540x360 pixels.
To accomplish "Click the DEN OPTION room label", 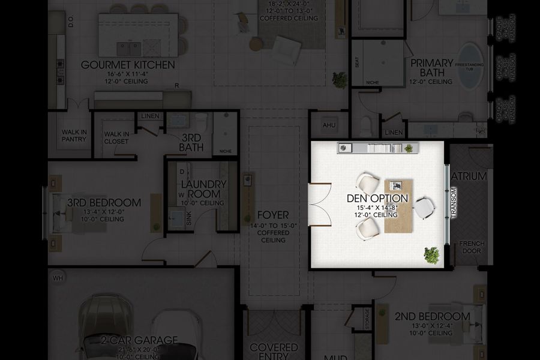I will [377, 198].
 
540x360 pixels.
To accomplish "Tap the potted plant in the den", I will [431, 256].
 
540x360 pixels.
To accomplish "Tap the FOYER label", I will [273, 215].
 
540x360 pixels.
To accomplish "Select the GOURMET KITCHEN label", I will [128, 65].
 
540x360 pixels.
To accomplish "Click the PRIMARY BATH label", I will [431, 67].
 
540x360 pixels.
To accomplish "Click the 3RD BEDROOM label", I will [104, 203].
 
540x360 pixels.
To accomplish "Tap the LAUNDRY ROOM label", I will [203, 189].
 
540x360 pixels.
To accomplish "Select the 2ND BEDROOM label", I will [432, 316].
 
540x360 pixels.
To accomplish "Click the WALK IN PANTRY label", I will [74, 136].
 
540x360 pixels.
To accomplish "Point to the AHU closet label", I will [329, 125].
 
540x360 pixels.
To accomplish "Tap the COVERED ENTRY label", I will [274, 352].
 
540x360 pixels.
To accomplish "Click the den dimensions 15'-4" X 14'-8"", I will [377, 207].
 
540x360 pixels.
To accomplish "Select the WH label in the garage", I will [58, 278].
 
